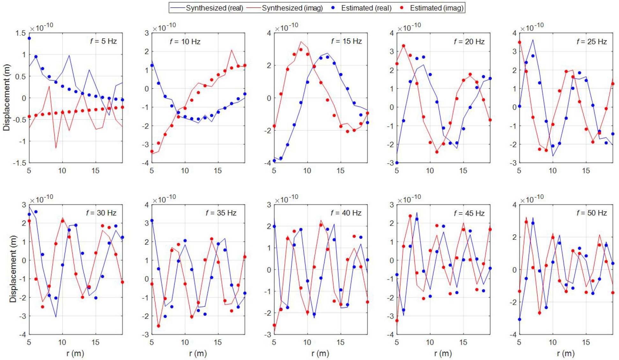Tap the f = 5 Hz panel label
pos(103,41)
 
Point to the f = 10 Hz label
pos(185,41)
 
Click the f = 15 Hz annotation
pos(346,41)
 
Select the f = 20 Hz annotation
pos(469,41)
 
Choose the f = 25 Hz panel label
pos(592,41)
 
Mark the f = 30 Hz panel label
pos(101,213)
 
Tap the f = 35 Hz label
pos(221,213)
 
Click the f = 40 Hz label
pos(346,213)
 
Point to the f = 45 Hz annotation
pos(469,213)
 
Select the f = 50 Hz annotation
pos(592,213)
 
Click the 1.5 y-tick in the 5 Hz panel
pos(21,33)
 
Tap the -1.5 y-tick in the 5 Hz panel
pos(19,163)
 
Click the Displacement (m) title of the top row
pos(6,98)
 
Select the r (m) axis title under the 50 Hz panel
pos(566,353)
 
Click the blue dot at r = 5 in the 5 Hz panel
pos(29,38)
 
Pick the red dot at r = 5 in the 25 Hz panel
pos(520,42)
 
